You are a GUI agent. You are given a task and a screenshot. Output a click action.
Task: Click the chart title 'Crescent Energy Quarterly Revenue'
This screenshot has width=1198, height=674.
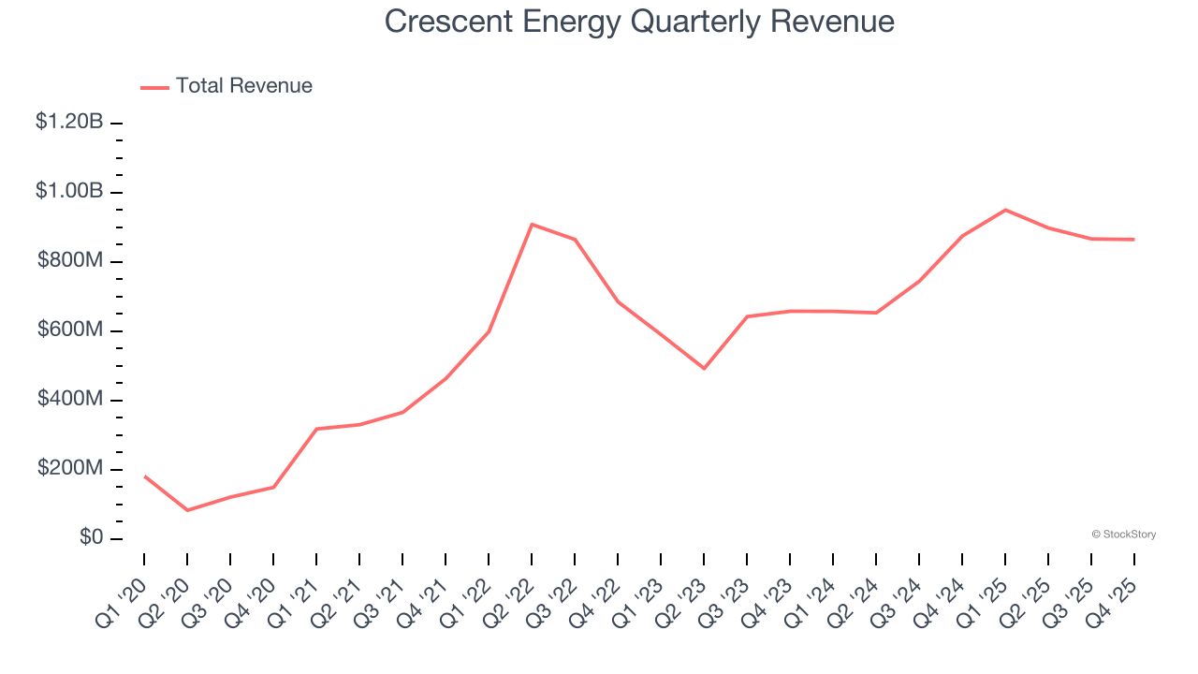[x=639, y=22]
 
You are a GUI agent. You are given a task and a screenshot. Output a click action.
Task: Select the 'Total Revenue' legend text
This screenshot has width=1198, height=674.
[x=243, y=86]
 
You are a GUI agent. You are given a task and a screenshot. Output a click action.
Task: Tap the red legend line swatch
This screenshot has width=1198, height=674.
[x=154, y=87]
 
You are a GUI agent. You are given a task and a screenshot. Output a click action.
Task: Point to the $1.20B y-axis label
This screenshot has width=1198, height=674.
[x=69, y=122]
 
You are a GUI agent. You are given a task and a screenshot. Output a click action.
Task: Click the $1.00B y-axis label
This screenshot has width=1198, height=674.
[x=69, y=191]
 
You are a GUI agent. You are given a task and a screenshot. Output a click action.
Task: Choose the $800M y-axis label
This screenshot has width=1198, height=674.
[x=70, y=260]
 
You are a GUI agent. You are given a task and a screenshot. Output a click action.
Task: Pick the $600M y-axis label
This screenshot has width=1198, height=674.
[x=70, y=330]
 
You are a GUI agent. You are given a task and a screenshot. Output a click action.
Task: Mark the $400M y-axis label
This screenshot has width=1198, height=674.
[x=70, y=400]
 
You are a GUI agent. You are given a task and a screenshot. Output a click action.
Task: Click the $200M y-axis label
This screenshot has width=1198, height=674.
[x=70, y=469]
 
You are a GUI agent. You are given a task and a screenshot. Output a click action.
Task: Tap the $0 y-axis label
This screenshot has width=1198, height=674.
[x=91, y=538]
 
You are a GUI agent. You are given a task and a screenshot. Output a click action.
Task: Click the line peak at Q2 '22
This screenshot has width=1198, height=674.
[x=532, y=225]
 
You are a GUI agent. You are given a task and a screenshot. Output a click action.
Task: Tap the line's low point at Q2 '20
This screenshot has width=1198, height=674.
[x=187, y=510]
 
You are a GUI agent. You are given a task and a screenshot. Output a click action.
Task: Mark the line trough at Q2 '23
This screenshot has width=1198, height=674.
[x=704, y=368]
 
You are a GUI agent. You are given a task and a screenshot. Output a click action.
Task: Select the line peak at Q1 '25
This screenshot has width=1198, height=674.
[x=1005, y=210]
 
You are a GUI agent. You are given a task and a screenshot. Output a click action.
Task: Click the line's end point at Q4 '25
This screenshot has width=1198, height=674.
[x=1134, y=240]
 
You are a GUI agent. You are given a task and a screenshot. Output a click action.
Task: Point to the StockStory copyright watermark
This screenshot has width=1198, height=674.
[x=1123, y=535]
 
